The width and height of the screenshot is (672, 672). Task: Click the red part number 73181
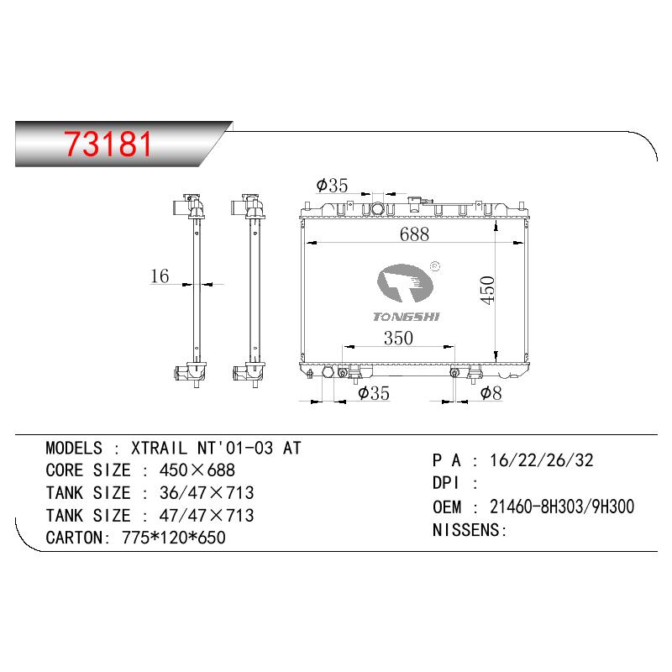pyautogui.click(x=108, y=144)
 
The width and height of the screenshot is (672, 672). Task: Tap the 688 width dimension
pyautogui.click(x=414, y=234)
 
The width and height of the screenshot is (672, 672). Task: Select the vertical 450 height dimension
pyautogui.click(x=487, y=290)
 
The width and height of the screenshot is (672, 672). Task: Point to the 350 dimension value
pyautogui.click(x=398, y=339)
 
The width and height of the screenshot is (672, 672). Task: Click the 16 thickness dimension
pyautogui.click(x=160, y=276)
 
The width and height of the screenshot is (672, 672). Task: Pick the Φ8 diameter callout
pyautogui.click(x=491, y=392)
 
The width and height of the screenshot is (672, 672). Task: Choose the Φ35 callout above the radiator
pyautogui.click(x=332, y=185)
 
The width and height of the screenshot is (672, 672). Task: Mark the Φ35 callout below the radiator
pyautogui.click(x=374, y=392)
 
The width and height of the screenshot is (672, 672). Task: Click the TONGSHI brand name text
pyautogui.click(x=407, y=317)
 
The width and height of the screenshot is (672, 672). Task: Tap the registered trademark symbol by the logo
pyautogui.click(x=434, y=266)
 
